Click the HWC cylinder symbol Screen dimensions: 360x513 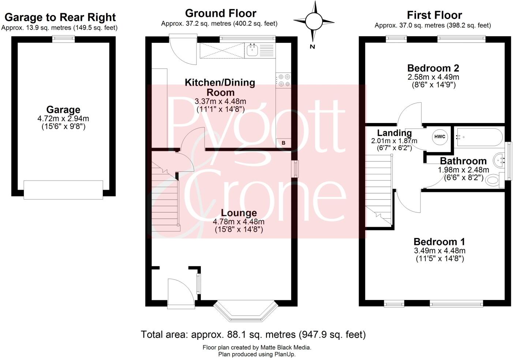pos(439,137)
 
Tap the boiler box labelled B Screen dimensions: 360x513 pos(283,143)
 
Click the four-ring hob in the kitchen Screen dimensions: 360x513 pos(284,81)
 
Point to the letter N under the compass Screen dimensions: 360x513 pos(312,47)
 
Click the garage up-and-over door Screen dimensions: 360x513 pos(63,190)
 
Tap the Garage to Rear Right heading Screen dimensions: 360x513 pos(60,17)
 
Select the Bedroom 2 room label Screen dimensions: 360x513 pos(433,68)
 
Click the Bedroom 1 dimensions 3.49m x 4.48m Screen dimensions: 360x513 pos(439,251)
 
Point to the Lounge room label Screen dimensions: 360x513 pos(239,213)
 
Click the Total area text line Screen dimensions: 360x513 pos(253,334)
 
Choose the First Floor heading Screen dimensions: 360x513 pos(434,15)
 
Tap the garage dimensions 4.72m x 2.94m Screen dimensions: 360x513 pos(63,119)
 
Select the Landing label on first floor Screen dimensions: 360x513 pos(394,133)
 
